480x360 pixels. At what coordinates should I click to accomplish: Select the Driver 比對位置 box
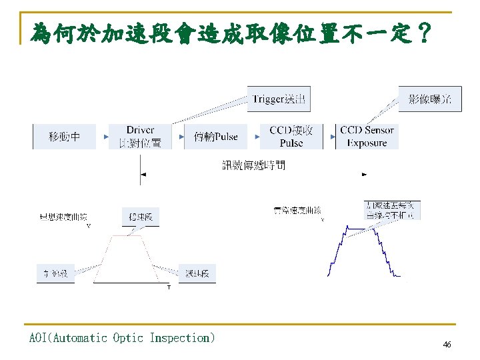(140, 137)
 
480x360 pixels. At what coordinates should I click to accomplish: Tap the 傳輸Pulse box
(215, 137)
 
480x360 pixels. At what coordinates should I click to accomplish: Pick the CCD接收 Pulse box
(291, 137)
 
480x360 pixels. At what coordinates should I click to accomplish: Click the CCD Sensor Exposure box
(367, 137)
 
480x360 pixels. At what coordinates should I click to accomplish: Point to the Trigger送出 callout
(279, 99)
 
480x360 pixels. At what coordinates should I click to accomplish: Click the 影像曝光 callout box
(429, 99)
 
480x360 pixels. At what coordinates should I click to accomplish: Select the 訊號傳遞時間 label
(253, 165)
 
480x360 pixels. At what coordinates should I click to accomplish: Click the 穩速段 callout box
(141, 217)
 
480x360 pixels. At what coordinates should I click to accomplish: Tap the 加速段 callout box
(55, 273)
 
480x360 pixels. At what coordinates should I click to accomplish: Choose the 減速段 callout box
(197, 273)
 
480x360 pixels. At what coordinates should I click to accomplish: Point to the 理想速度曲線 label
(63, 217)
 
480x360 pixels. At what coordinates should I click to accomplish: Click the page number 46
(447, 345)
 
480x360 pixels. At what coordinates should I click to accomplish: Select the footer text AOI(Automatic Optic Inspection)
(122, 338)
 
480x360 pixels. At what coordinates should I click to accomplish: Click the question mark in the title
(421, 31)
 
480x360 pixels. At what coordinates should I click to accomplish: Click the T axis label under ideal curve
(168, 287)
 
